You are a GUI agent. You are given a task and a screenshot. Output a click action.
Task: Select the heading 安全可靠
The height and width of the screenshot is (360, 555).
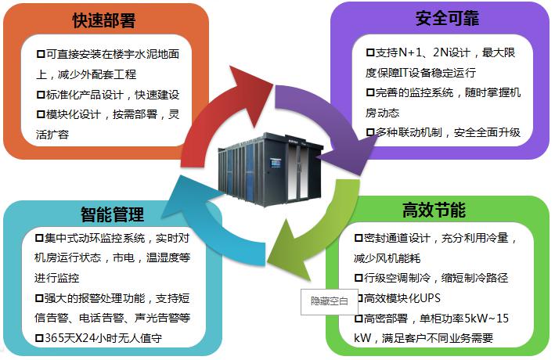(447, 18)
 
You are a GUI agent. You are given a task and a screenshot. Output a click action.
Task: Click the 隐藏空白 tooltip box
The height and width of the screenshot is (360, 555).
(324, 301)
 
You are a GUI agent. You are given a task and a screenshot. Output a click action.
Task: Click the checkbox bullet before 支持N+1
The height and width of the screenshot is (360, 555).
(370, 53)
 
